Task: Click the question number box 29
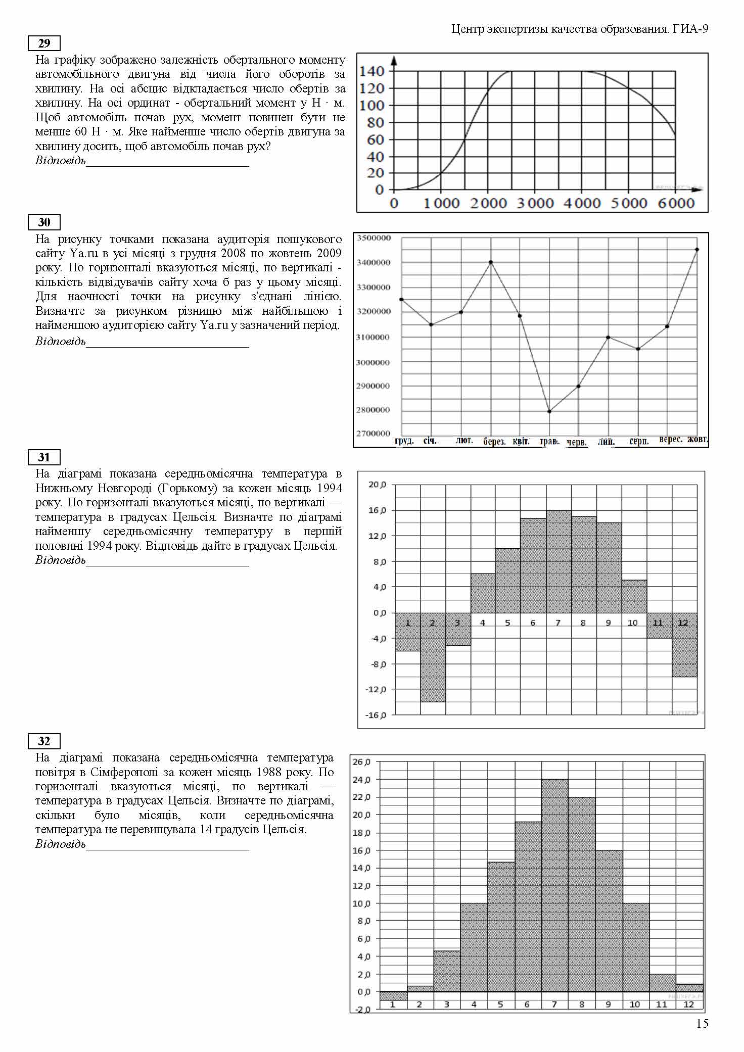point(44,43)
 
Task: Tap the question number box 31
point(44,457)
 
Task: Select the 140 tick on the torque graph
point(372,71)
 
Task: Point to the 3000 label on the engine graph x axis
point(535,203)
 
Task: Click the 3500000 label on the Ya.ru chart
point(374,238)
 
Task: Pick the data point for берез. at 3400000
point(491,262)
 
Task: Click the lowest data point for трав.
point(549,411)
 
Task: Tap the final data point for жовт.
point(697,249)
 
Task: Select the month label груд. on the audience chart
point(404,441)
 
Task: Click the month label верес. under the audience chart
point(670,440)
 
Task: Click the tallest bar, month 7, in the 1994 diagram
point(559,561)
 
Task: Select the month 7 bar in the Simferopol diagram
point(554,884)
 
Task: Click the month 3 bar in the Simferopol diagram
point(447,970)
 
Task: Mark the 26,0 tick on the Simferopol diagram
point(361,762)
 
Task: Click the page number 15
point(702,1024)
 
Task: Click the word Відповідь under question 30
point(60,341)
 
